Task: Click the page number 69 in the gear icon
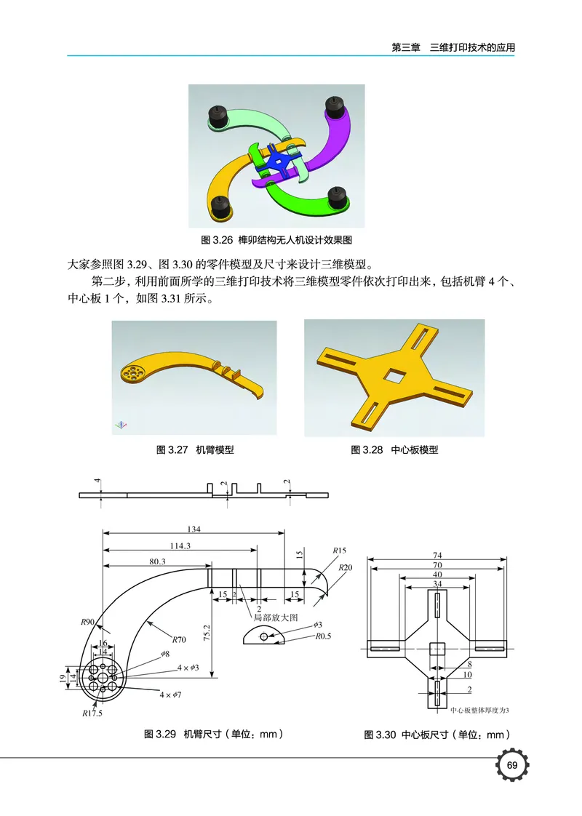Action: (512, 766)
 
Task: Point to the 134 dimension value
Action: (194, 529)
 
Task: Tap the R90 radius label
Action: (88, 623)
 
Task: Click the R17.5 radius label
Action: (92, 713)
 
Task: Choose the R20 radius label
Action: (346, 567)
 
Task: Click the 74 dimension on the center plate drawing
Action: (436, 556)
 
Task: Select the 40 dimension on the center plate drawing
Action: (436, 573)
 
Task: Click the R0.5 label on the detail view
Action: (324, 636)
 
